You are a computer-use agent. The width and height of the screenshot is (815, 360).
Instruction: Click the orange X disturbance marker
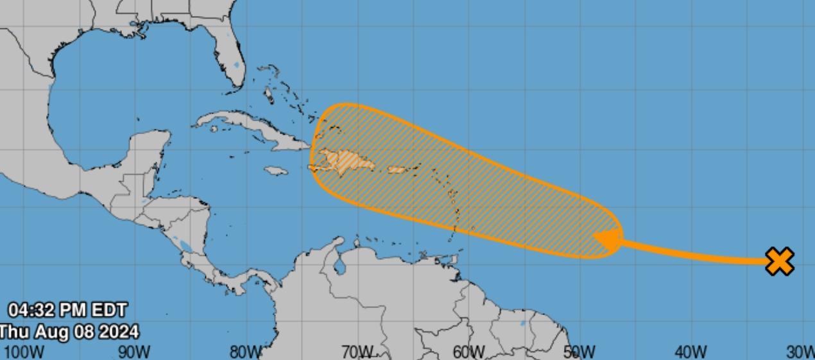[780, 262]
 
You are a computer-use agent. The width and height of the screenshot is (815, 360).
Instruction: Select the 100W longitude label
[24, 352]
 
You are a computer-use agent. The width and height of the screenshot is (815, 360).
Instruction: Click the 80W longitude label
[246, 352]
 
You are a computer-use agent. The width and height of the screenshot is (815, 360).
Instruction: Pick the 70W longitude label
[357, 352]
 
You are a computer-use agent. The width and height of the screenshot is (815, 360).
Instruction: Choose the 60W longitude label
[468, 352]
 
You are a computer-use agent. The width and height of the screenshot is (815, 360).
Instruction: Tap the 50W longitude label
[579, 352]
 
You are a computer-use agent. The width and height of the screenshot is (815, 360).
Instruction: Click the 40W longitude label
[691, 352]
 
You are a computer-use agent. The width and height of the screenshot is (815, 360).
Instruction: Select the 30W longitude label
[801, 352]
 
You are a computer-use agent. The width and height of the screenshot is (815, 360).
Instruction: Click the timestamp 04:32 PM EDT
[67, 311]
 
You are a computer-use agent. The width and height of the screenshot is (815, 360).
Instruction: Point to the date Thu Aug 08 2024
[69, 332]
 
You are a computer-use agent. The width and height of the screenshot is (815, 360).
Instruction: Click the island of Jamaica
[275, 171]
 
